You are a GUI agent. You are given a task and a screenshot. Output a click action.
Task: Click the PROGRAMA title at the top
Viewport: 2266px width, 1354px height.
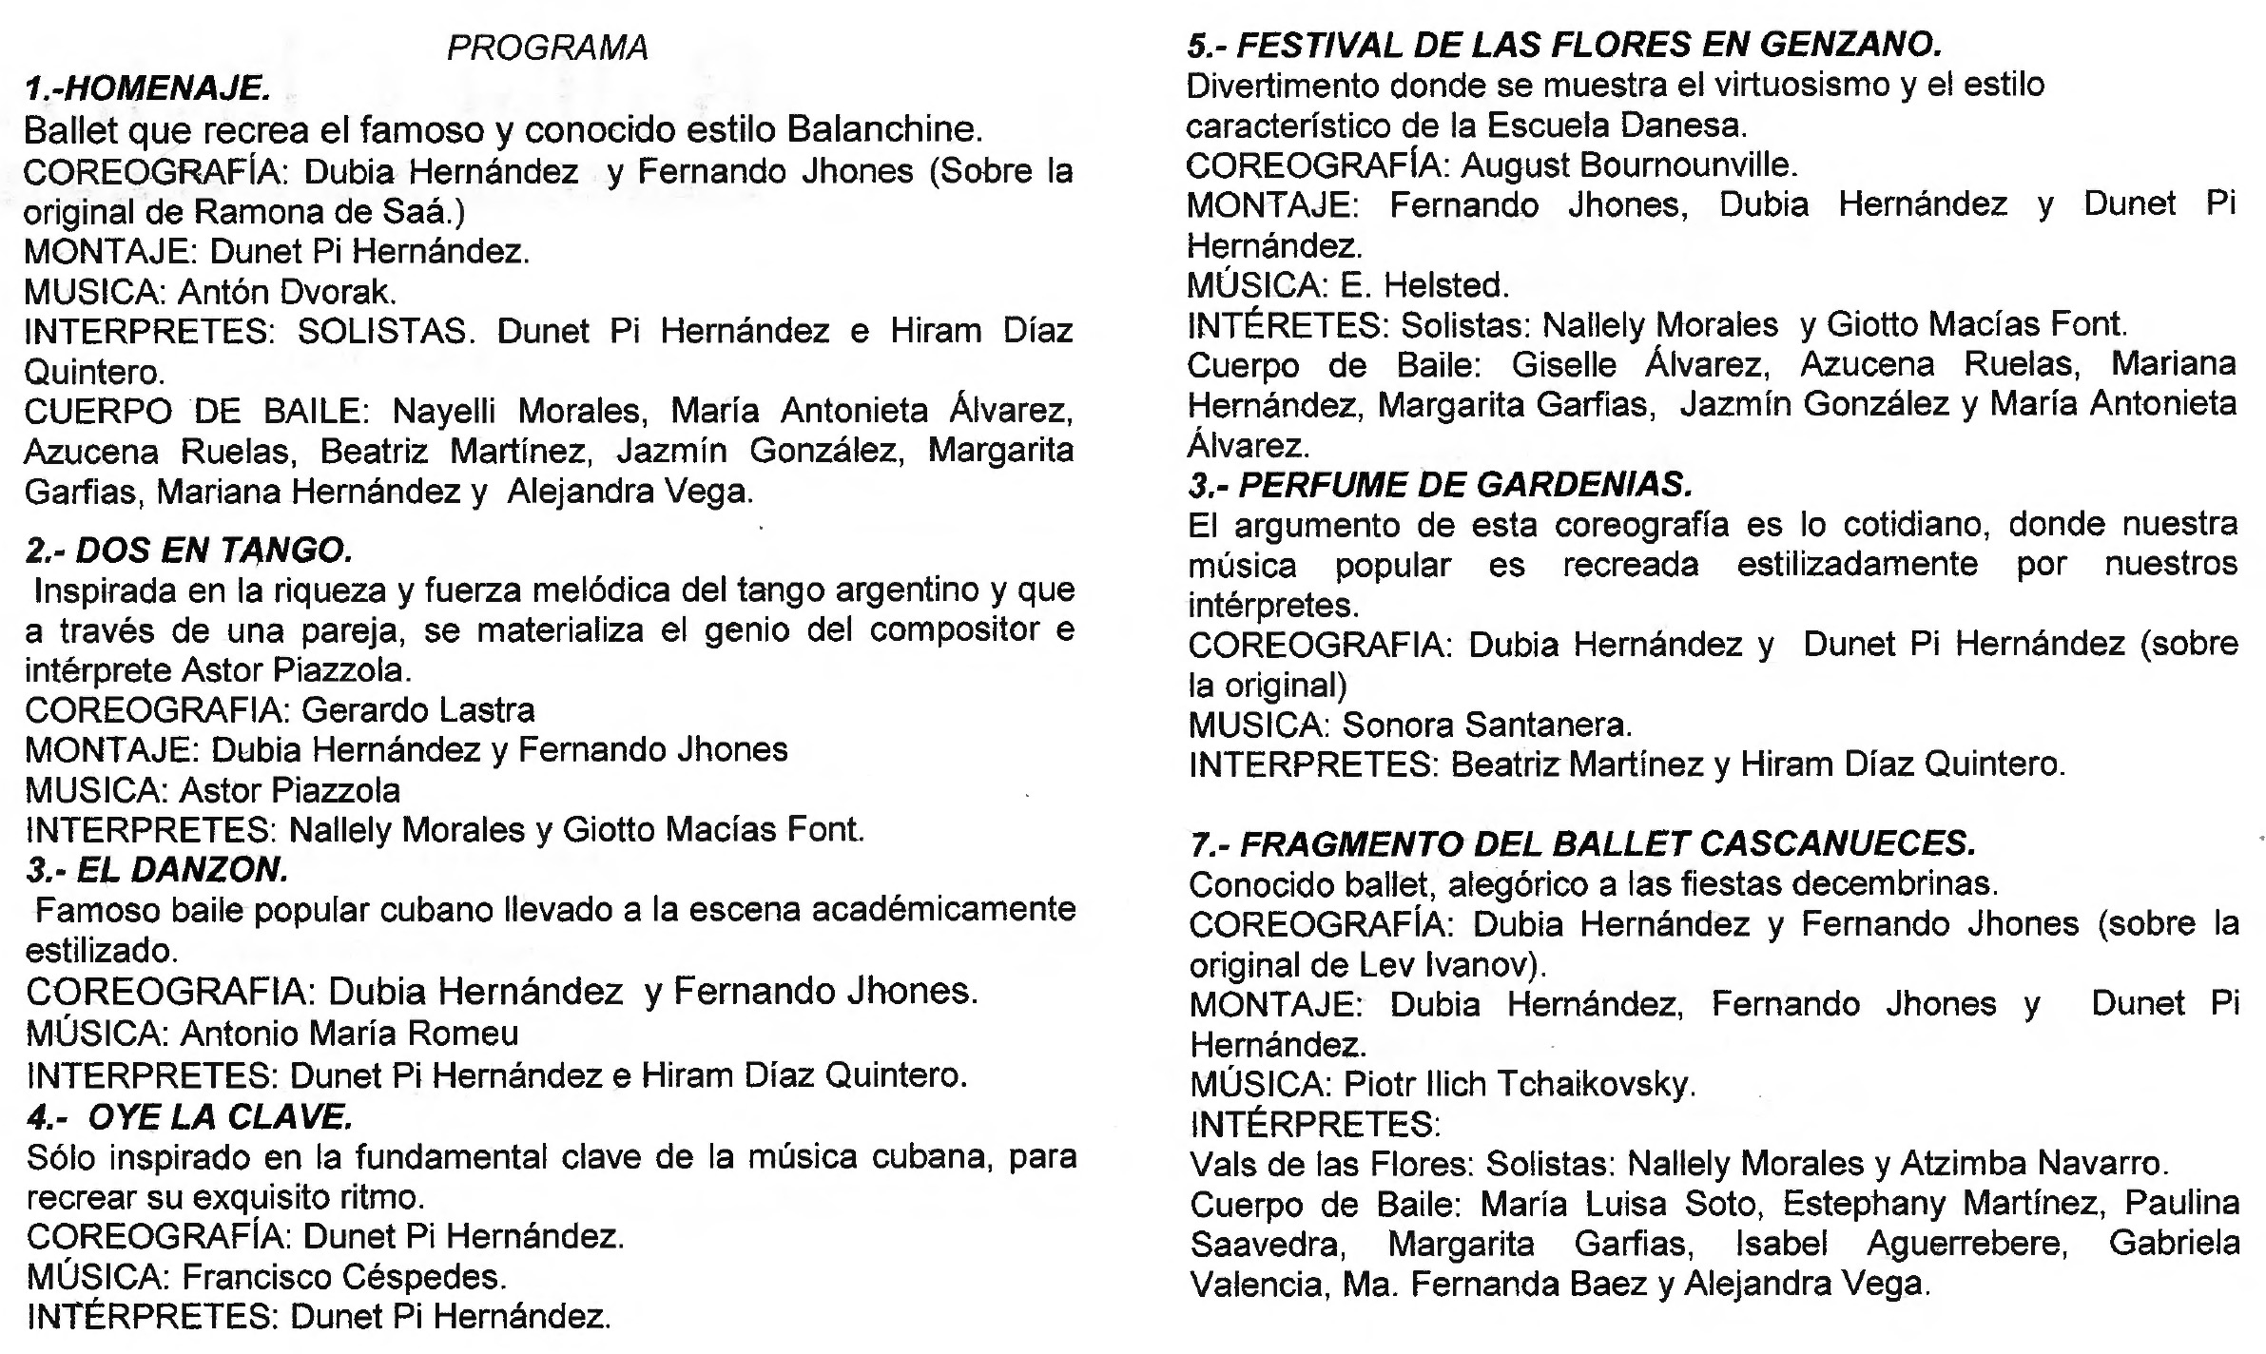547,48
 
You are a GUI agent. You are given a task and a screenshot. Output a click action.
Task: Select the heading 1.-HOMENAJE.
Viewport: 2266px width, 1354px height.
147,89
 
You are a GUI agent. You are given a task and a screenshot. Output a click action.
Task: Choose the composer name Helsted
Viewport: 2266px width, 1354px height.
1445,285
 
